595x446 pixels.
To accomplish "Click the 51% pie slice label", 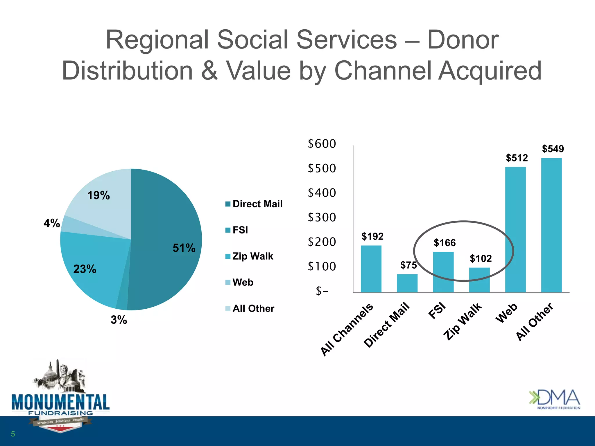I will click(184, 248).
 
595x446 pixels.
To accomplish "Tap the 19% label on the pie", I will click(98, 195).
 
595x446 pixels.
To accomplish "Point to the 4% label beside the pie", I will click(52, 223).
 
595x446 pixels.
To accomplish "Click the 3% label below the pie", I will click(119, 320).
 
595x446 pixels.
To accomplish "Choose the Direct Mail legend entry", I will click(254, 204).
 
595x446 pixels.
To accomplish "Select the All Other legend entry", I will click(250, 308).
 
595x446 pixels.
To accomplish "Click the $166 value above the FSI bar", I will click(445, 243).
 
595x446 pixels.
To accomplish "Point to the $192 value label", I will click(372, 236).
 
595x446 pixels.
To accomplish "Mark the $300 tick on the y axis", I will click(322, 217).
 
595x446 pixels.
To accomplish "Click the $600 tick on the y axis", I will click(322, 144).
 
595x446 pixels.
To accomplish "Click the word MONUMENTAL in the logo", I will click(60, 402).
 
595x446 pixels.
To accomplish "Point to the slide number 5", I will click(13, 434).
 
